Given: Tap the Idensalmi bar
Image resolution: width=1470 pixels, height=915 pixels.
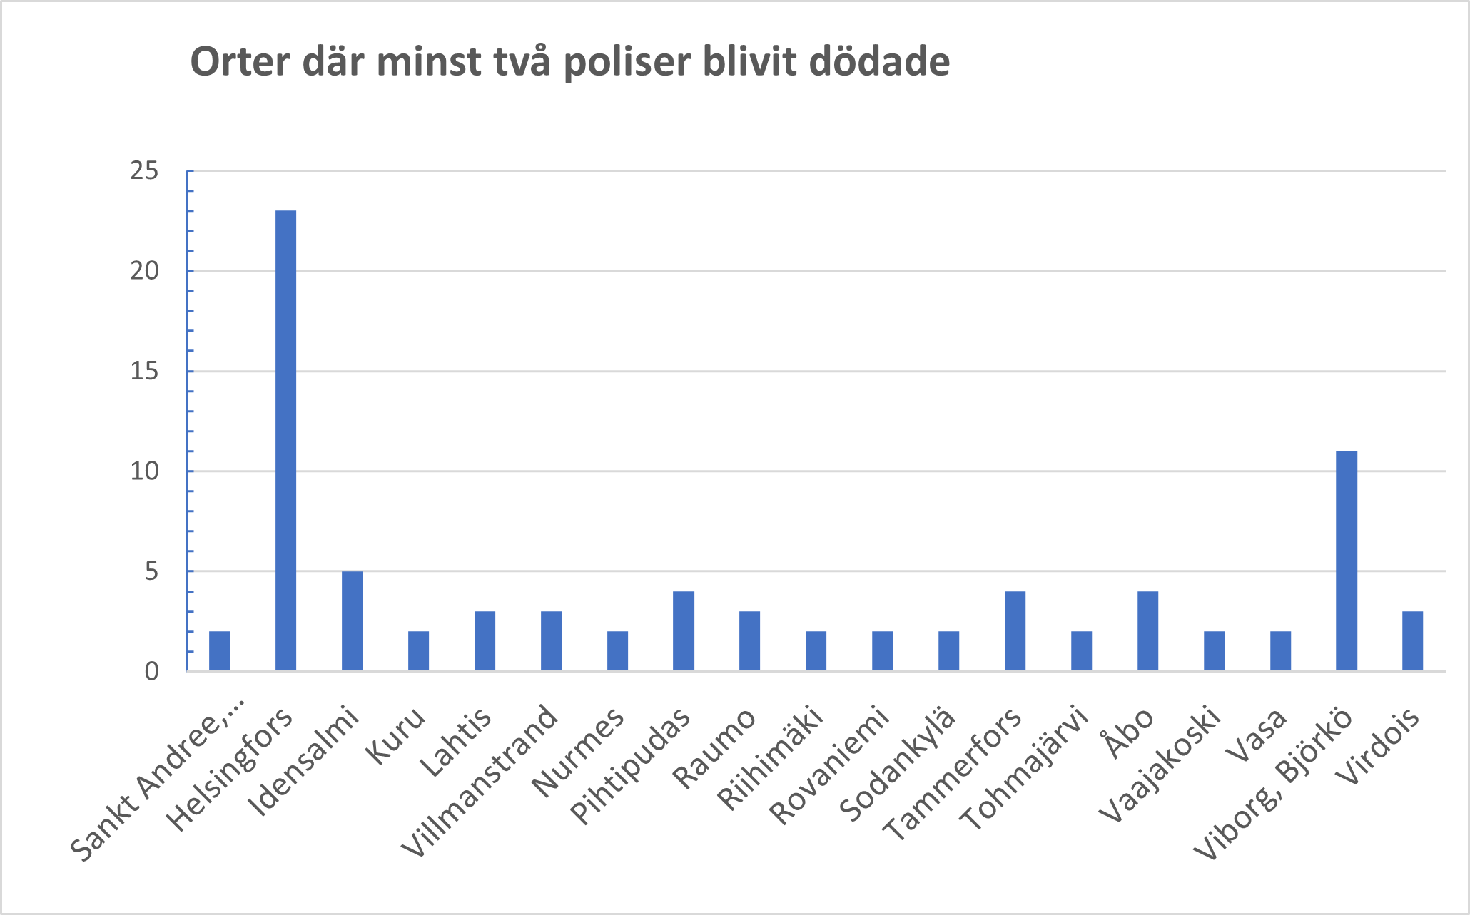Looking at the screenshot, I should point(352,620).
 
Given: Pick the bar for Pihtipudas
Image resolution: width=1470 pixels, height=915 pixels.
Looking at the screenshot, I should point(683,630).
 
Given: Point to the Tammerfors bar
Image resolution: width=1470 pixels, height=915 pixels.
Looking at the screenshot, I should point(1015,630).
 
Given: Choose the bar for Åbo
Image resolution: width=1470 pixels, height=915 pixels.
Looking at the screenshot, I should point(1147,630).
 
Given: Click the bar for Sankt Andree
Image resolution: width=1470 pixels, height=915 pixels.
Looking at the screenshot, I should point(219,650).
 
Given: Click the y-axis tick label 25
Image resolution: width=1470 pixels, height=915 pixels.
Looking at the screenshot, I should point(144,171).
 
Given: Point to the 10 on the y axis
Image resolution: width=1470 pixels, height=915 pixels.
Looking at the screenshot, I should point(144,471).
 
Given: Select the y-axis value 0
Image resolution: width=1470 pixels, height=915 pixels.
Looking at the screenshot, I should point(151,672).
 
